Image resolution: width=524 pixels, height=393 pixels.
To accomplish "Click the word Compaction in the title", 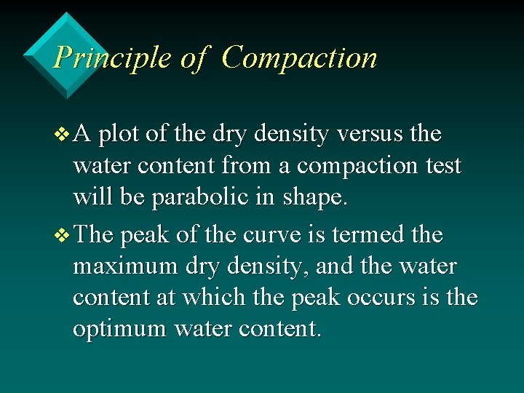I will point(299,57).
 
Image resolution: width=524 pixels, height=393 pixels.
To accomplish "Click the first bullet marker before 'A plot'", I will point(63,135).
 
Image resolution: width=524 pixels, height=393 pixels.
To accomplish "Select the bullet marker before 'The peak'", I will point(63,235).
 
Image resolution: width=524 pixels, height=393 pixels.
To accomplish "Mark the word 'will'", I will point(90,198).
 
